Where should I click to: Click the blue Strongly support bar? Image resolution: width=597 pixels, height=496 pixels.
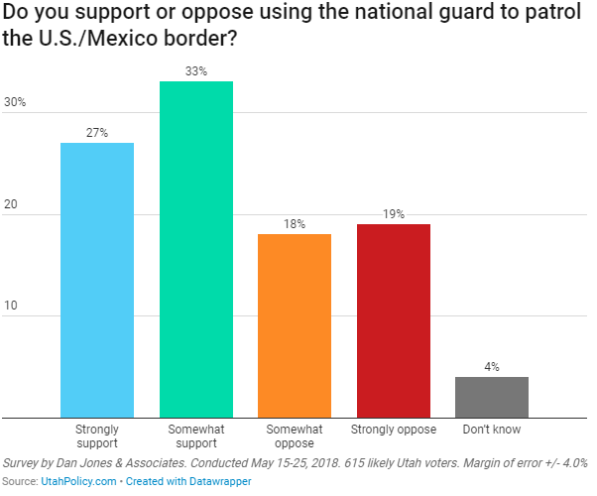click(x=97, y=280)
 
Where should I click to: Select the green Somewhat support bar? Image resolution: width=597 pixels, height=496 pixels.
click(x=195, y=249)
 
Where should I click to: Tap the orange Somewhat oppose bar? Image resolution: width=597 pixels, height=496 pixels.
click(x=295, y=325)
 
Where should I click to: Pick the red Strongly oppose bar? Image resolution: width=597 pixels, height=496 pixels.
click(x=393, y=320)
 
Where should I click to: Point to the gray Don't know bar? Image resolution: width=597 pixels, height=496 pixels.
click(x=491, y=397)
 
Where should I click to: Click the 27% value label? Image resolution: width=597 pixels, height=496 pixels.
click(x=97, y=133)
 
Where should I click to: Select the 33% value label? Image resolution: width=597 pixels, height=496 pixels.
click(x=195, y=71)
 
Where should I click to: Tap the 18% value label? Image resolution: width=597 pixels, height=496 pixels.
click(x=295, y=224)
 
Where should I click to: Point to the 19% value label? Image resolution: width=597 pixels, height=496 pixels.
click(x=393, y=214)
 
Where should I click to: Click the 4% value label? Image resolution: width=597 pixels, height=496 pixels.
click(x=491, y=367)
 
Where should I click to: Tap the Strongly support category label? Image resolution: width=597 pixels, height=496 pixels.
click(x=97, y=436)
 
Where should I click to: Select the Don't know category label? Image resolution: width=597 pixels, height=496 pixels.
click(x=491, y=431)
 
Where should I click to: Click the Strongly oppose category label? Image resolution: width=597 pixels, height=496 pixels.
click(x=393, y=431)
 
